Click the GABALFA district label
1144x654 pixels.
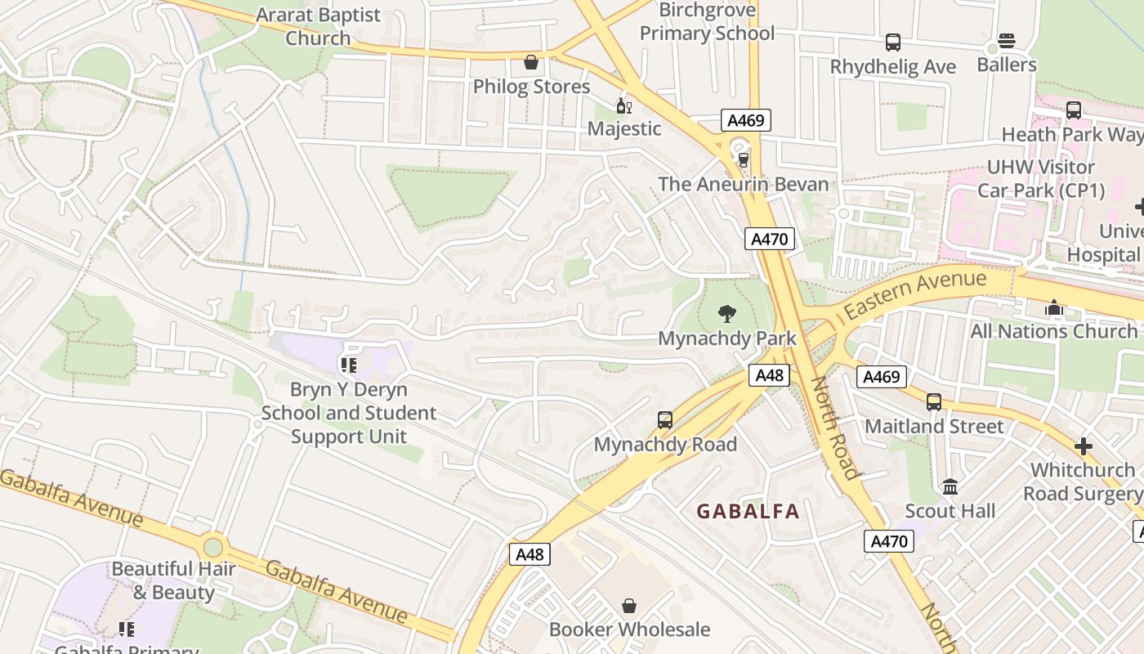point(748,512)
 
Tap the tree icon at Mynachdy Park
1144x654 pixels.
point(726,313)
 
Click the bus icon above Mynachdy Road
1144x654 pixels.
point(665,420)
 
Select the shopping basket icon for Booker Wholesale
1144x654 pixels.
point(629,606)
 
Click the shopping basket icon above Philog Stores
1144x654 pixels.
point(531,62)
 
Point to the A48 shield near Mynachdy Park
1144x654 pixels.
point(769,375)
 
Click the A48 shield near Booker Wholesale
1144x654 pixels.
point(530,554)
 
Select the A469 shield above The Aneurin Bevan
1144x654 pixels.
point(745,121)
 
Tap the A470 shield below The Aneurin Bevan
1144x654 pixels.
point(770,239)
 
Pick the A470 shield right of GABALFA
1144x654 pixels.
point(888,541)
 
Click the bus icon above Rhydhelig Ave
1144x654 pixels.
point(893,43)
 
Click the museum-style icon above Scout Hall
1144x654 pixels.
point(950,487)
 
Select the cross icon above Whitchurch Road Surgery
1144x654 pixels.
point(1084,446)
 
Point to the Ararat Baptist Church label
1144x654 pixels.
point(318,26)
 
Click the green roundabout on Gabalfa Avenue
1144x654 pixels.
point(212,546)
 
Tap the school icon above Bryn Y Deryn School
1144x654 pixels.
point(349,365)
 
